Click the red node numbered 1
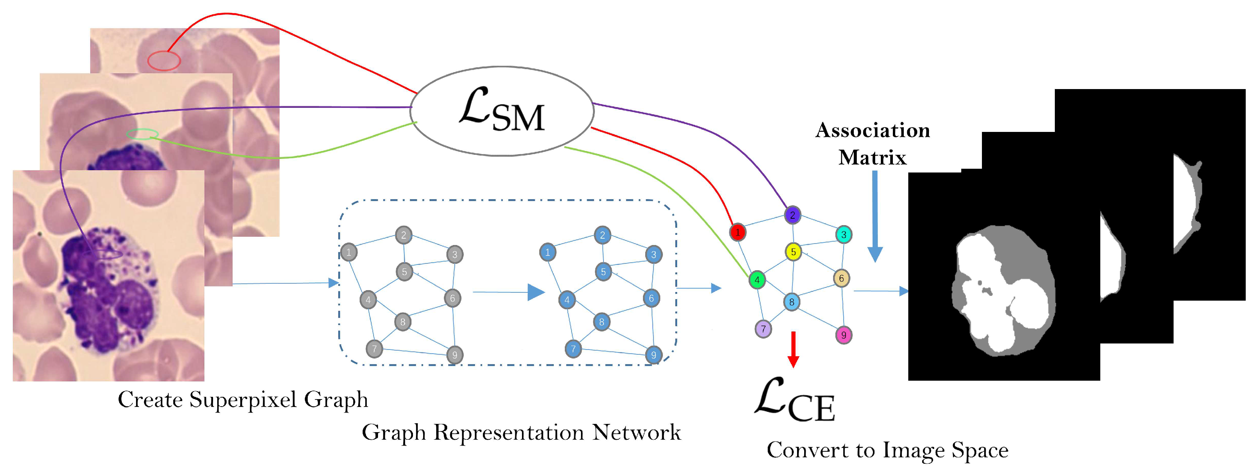tap(737, 232)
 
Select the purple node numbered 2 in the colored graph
tap(793, 215)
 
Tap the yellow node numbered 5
tap(793, 252)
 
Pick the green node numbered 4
tap(757, 280)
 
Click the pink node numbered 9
tap(843, 335)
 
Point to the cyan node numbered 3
tap(844, 234)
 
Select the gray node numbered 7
tap(374, 348)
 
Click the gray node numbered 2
tap(404, 235)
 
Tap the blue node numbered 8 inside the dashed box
tap(602, 322)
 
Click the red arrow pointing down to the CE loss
tap(793, 349)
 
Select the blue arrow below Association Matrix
tap(875, 216)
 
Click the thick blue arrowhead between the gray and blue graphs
tap(536, 292)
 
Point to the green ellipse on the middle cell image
tap(142, 134)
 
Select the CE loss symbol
tap(795, 399)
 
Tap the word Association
tap(873, 130)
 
